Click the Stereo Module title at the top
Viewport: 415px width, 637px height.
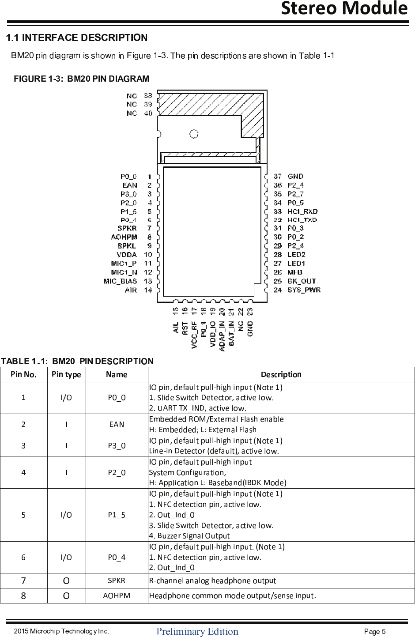(x=344, y=8)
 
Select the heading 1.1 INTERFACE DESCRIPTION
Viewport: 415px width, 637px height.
(x=76, y=38)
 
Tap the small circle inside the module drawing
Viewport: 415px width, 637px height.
(x=194, y=134)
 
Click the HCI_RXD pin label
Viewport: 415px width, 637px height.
(x=302, y=211)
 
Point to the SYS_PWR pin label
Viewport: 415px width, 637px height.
(x=304, y=290)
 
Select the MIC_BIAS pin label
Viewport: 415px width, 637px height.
(x=120, y=281)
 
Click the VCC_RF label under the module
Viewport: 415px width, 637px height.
(x=194, y=335)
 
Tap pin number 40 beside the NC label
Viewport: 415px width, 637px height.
(x=148, y=113)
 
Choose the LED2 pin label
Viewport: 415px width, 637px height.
(x=296, y=255)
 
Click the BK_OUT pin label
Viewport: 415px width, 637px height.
(x=302, y=281)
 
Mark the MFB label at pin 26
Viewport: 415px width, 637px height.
(x=295, y=272)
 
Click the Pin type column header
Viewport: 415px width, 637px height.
(x=66, y=374)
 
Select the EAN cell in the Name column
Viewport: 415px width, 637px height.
(x=117, y=424)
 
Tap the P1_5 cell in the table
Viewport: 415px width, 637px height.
(x=117, y=515)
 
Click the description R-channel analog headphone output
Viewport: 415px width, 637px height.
(x=212, y=580)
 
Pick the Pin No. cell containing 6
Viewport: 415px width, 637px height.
(x=23, y=557)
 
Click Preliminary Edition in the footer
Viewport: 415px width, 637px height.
(x=197, y=631)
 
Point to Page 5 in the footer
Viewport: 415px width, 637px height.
(x=375, y=631)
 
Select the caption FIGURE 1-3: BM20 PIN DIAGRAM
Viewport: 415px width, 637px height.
(x=81, y=79)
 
